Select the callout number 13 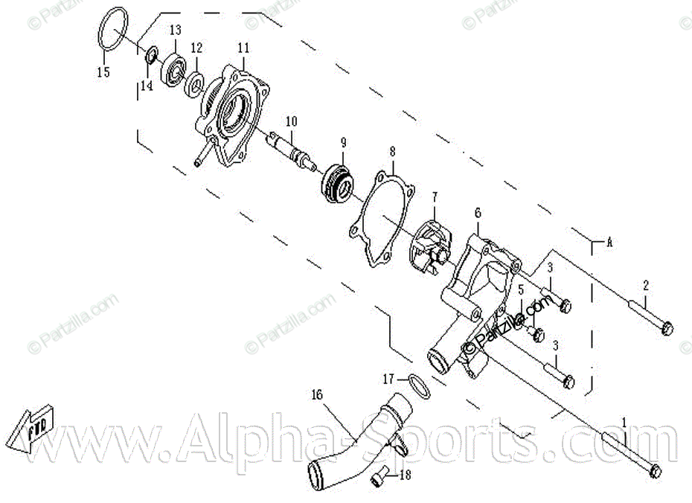(176, 31)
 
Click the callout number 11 (243, 48)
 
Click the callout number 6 (478, 213)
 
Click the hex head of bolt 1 (655, 471)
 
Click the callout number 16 (318, 394)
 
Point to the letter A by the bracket (609, 242)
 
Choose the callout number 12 (196, 48)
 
